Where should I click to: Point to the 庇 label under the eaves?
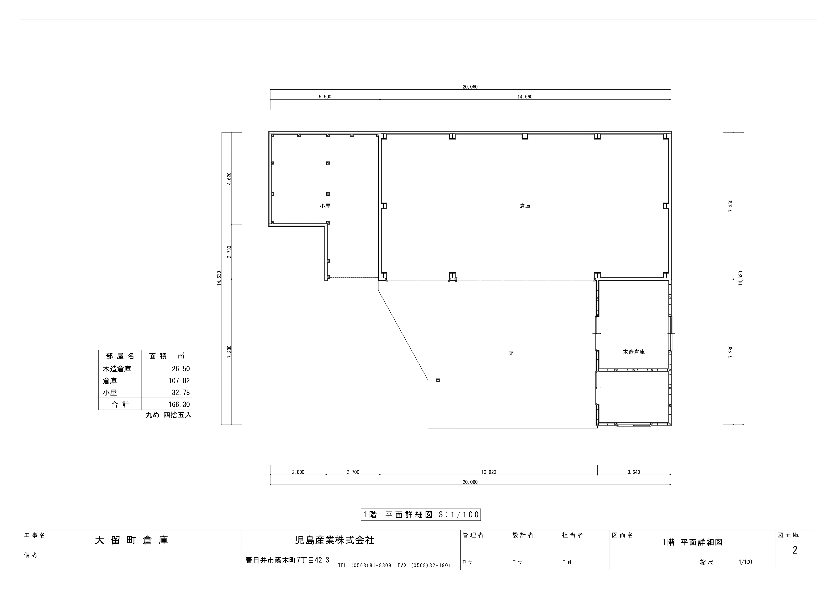tap(511, 353)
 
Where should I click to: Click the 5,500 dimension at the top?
tap(325, 97)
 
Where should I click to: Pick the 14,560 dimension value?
tap(525, 97)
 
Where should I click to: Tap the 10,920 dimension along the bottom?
tap(488, 472)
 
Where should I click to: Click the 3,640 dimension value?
tap(634, 472)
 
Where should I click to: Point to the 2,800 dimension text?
tap(298, 472)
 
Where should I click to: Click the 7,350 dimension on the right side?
tap(730, 206)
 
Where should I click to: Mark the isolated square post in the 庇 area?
tap(438, 380)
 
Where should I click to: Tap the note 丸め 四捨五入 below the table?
tap(168, 415)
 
